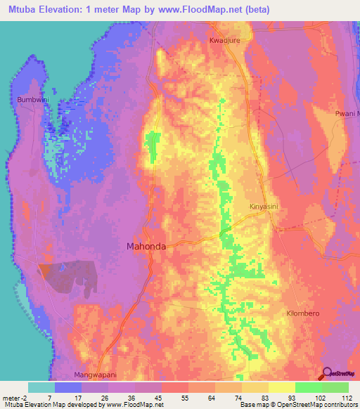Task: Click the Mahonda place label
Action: pos(146,247)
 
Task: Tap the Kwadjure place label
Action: pos(224,41)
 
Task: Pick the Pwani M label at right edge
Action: pos(347,113)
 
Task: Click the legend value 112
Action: pos(347,398)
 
